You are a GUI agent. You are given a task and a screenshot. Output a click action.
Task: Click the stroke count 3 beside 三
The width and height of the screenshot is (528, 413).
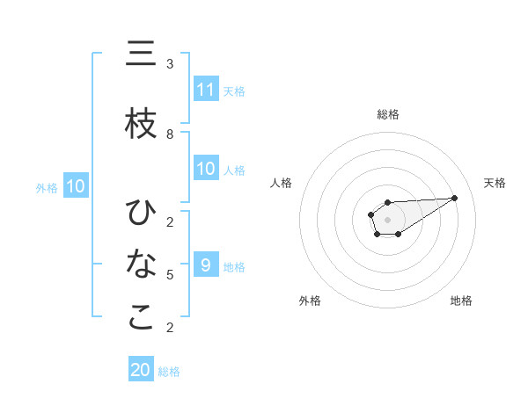(x=170, y=64)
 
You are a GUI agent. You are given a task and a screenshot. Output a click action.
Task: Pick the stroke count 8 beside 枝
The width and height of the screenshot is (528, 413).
(x=170, y=134)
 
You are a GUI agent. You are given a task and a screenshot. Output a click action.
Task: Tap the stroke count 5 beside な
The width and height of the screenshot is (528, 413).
(x=170, y=275)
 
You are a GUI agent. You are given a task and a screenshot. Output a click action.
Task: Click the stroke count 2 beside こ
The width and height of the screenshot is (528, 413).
(x=170, y=328)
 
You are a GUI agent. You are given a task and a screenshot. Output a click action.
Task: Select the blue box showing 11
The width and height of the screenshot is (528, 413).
(x=206, y=90)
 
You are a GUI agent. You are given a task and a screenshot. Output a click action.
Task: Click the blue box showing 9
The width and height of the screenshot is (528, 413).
(x=206, y=265)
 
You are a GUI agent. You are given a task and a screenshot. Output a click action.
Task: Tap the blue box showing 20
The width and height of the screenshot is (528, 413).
(x=141, y=370)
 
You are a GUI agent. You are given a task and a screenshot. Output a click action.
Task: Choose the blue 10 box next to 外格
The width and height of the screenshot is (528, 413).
(x=75, y=186)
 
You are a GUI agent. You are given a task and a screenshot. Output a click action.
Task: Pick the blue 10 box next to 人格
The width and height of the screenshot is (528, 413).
(x=206, y=169)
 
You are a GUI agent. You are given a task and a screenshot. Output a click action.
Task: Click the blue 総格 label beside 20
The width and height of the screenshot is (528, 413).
(x=169, y=372)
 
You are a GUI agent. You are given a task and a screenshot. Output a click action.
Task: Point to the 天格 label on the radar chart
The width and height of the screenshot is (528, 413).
(x=495, y=183)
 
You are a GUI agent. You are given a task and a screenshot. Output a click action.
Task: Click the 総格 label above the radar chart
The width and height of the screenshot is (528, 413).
(x=387, y=114)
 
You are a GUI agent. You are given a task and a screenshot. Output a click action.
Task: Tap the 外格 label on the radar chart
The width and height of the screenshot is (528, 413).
(x=309, y=301)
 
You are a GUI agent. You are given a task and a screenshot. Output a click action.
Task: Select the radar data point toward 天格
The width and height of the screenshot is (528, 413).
(x=455, y=198)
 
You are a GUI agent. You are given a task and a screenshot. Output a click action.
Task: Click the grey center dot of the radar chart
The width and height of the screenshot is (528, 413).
(x=387, y=219)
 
